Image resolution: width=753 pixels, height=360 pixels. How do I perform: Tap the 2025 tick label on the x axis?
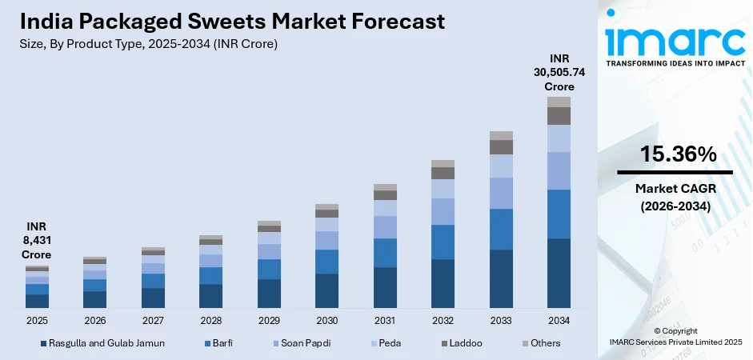pos(37,320)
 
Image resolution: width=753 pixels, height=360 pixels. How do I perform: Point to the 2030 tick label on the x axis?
pos(326,320)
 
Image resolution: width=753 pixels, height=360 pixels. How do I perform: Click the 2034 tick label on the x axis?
pos(559,320)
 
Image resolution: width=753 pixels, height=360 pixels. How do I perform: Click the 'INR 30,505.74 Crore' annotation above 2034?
pos(559,72)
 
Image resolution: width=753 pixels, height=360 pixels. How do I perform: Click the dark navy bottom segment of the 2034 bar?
pos(559,273)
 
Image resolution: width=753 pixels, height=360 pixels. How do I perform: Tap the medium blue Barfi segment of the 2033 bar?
pos(501,229)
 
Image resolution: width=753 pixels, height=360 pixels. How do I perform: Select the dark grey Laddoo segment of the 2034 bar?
pos(559,116)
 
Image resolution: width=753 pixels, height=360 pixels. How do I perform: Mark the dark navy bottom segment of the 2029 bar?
pos(269,294)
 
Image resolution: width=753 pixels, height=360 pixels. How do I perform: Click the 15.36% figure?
pos(675,155)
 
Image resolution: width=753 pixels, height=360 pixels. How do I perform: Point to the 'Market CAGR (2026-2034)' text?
pos(675,196)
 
